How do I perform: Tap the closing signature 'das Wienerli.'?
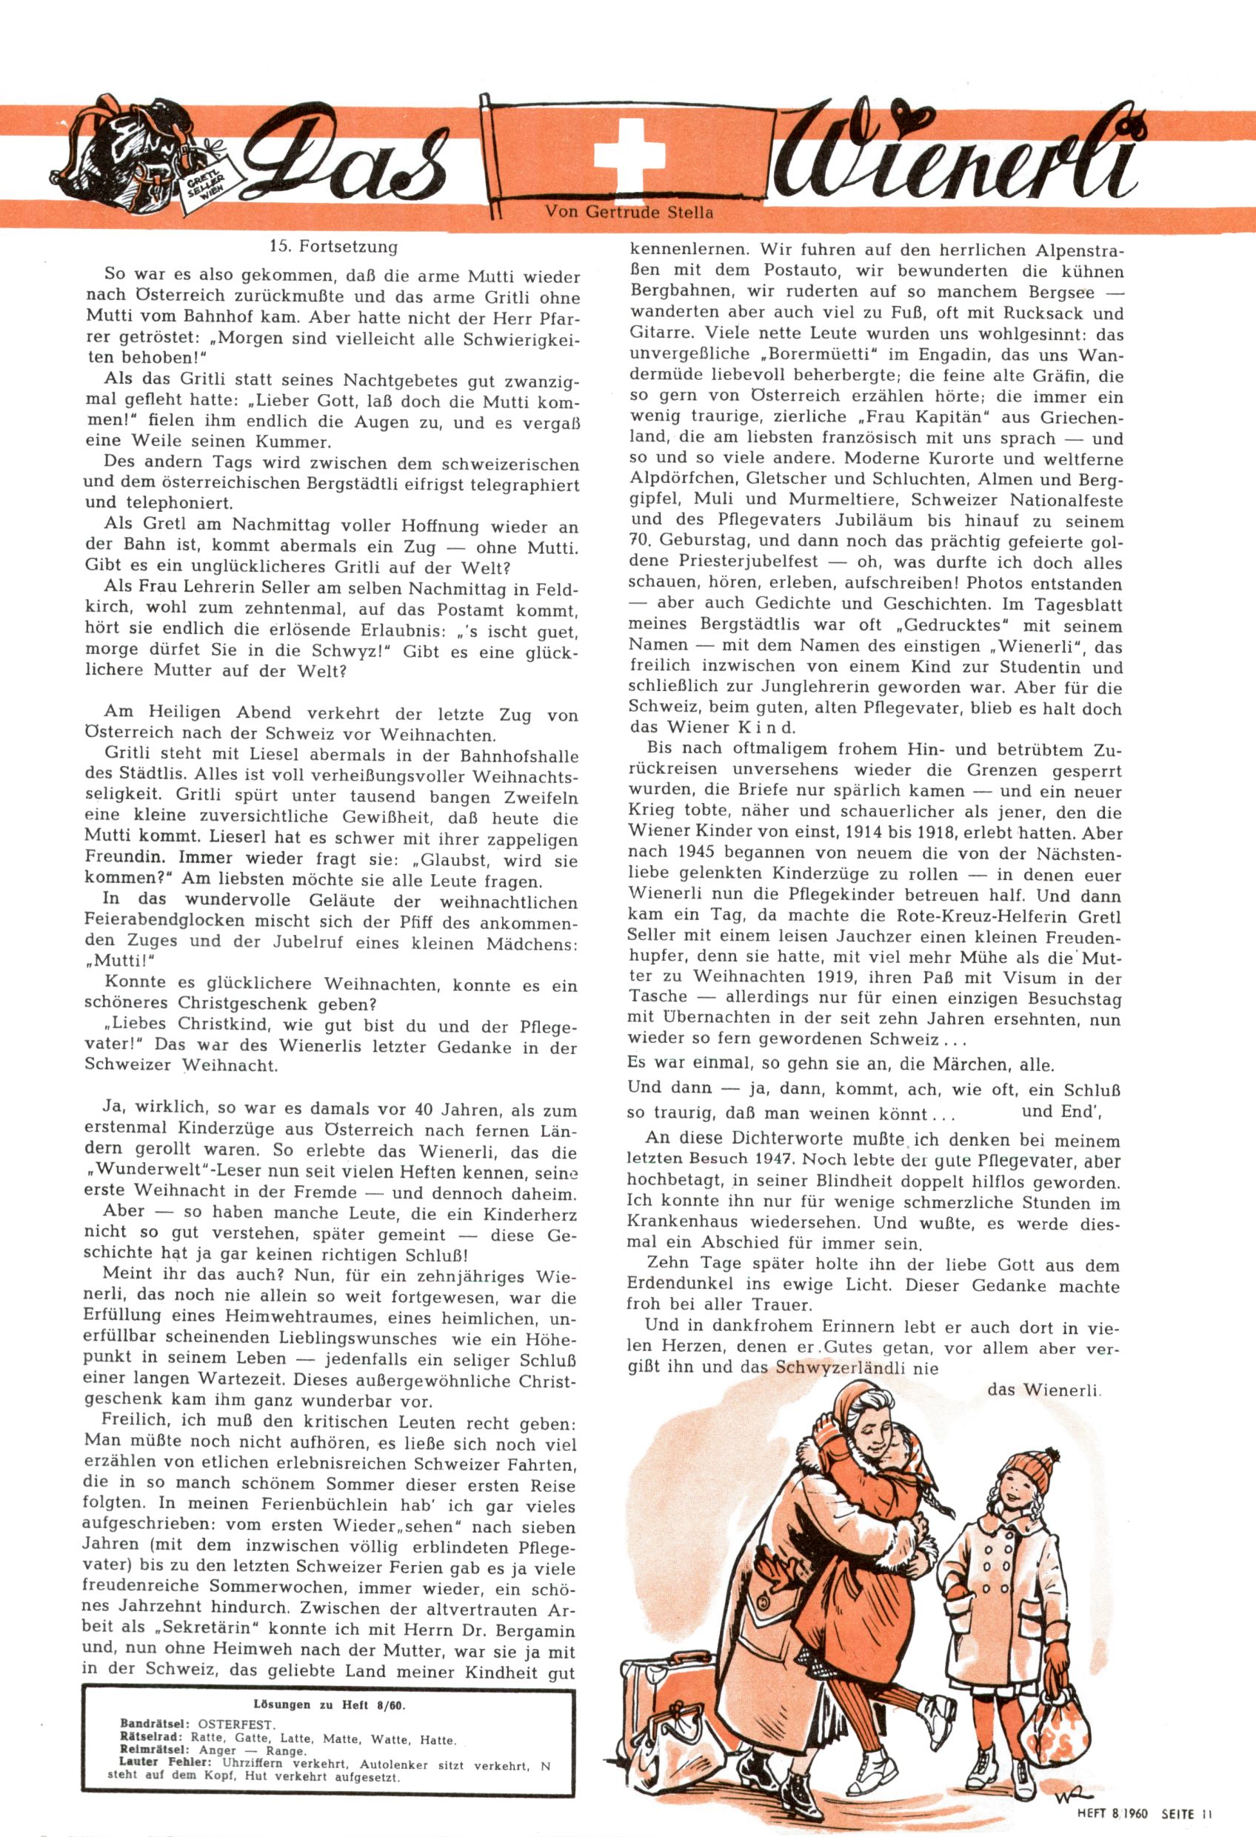pos(1044,1389)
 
